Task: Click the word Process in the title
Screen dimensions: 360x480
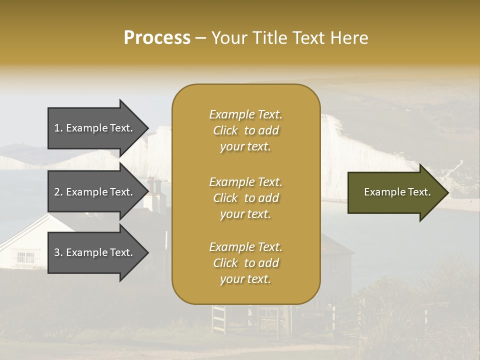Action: click(157, 38)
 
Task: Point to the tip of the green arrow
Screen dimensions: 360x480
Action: click(447, 192)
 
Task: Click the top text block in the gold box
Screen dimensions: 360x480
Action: click(245, 130)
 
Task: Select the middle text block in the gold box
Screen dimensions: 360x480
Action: click(245, 197)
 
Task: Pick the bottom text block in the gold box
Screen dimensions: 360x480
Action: click(245, 263)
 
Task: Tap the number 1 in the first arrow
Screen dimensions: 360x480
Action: click(57, 128)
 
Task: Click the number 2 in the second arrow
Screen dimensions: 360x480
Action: click(57, 192)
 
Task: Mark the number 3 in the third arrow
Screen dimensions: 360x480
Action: click(57, 252)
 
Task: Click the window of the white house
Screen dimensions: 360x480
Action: click(25, 257)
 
